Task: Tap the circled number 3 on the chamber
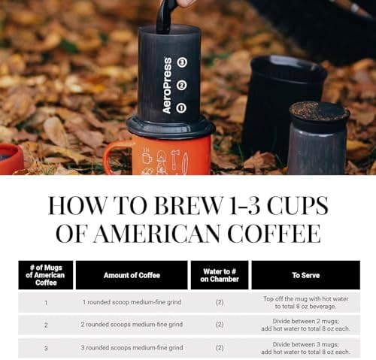point(181,62)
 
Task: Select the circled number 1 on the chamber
point(181,107)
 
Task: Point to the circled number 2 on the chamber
point(181,85)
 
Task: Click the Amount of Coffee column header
point(131,275)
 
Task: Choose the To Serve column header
point(305,275)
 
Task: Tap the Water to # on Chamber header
point(219,275)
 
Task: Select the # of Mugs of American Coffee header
point(45,275)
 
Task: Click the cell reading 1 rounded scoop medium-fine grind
point(131,302)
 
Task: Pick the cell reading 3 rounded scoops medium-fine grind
point(131,348)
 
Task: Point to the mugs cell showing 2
point(45,325)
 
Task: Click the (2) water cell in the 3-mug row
point(219,348)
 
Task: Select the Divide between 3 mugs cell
point(305,348)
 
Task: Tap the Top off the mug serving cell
point(305,302)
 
